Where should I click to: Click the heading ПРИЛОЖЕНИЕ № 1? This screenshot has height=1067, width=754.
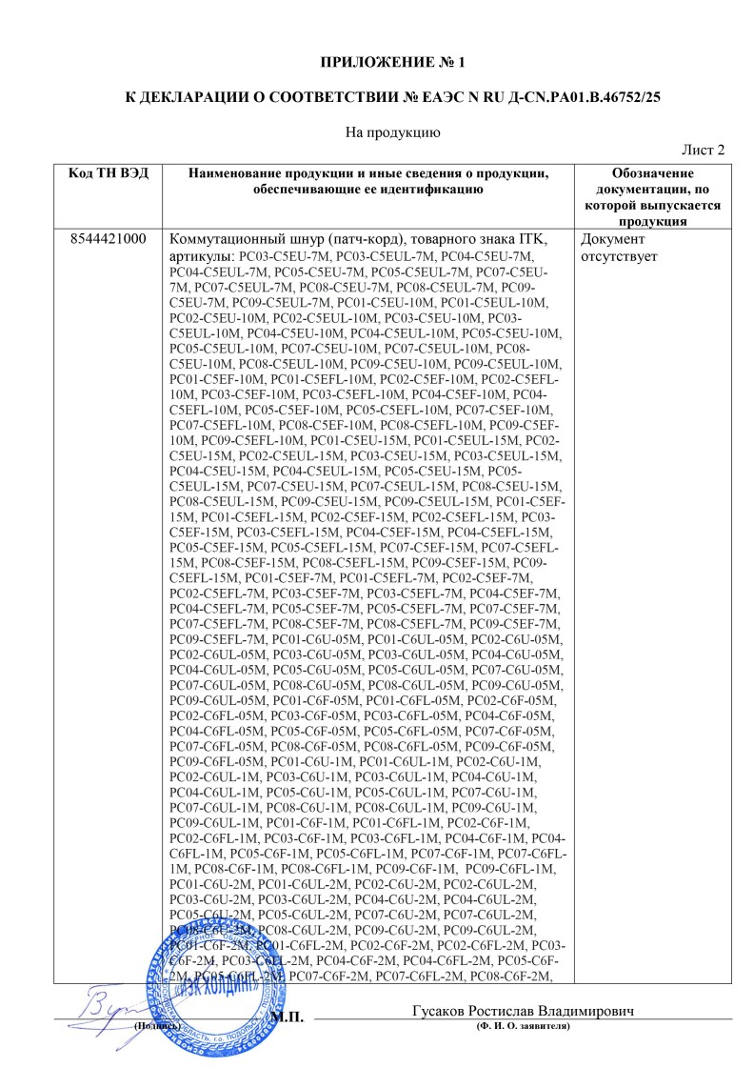393,64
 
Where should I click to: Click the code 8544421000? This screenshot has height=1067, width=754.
109,239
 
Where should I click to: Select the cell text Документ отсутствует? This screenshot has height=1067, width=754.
618,248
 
